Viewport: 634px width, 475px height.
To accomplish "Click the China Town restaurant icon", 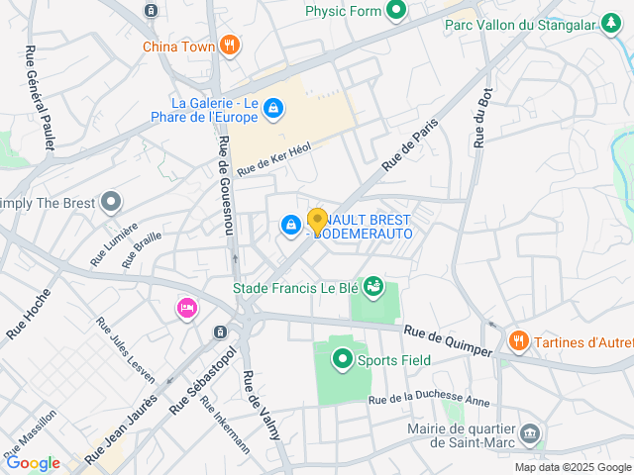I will (230, 45).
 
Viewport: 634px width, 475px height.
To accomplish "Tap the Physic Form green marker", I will (396, 12).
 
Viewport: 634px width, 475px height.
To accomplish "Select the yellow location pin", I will (317, 221).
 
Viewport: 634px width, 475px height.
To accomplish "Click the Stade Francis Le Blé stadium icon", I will (372, 288).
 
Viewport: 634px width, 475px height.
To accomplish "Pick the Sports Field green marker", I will (343, 359).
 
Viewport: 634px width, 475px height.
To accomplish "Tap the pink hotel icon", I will (186, 309).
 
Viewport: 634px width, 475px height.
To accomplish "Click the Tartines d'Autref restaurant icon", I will (518, 341).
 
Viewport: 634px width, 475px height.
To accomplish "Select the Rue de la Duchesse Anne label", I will (429, 400).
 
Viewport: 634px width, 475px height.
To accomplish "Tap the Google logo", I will (33, 463).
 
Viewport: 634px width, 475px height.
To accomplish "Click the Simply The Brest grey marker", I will (111, 203).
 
